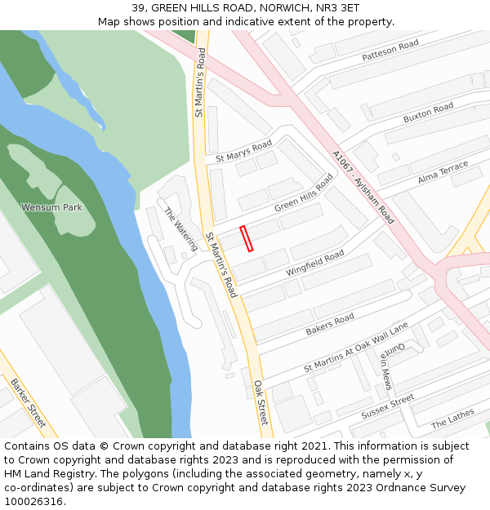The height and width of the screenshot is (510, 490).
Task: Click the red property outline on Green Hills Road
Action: pos(247,238)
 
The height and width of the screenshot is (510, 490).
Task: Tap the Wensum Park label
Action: pos(51,207)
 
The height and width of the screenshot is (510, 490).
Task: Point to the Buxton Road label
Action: pos(428,113)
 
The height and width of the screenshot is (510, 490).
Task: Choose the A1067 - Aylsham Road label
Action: pos(363,188)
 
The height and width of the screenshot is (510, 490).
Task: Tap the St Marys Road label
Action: pos(243,152)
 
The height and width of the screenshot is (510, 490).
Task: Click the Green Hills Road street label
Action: pos(304,196)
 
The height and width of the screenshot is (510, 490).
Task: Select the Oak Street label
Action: pos(261,401)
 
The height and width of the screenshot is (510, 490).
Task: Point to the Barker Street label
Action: pos(29,403)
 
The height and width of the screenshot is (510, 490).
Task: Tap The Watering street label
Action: pos(180,228)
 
